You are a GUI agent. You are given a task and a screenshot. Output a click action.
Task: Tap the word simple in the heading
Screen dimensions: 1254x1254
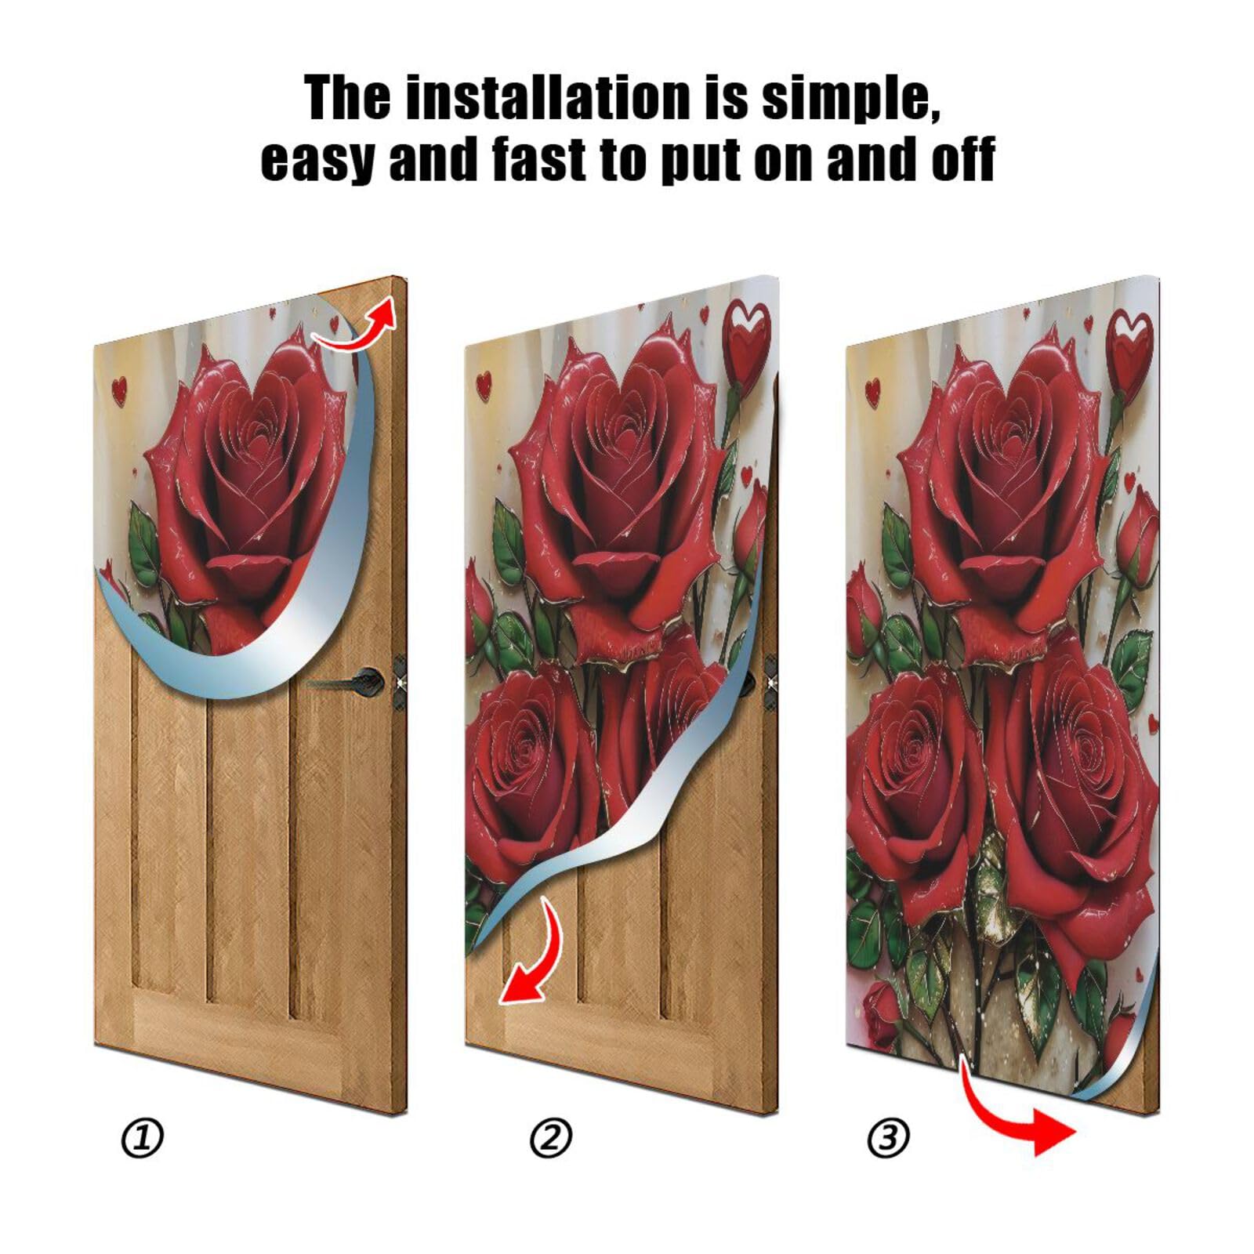pyautogui.click(x=850, y=99)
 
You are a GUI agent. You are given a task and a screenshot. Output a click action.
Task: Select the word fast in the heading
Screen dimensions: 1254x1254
pyautogui.click(x=541, y=159)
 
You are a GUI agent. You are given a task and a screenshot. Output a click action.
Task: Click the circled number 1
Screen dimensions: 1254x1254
pyautogui.click(x=143, y=1138)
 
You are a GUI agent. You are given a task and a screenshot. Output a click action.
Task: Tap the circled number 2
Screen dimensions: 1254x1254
pyautogui.click(x=551, y=1138)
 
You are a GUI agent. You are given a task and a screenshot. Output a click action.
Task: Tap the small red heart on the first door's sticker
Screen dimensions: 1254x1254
pyautogui.click(x=118, y=390)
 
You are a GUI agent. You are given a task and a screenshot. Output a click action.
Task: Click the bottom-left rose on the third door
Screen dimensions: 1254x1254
pyautogui.click(x=913, y=752)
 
